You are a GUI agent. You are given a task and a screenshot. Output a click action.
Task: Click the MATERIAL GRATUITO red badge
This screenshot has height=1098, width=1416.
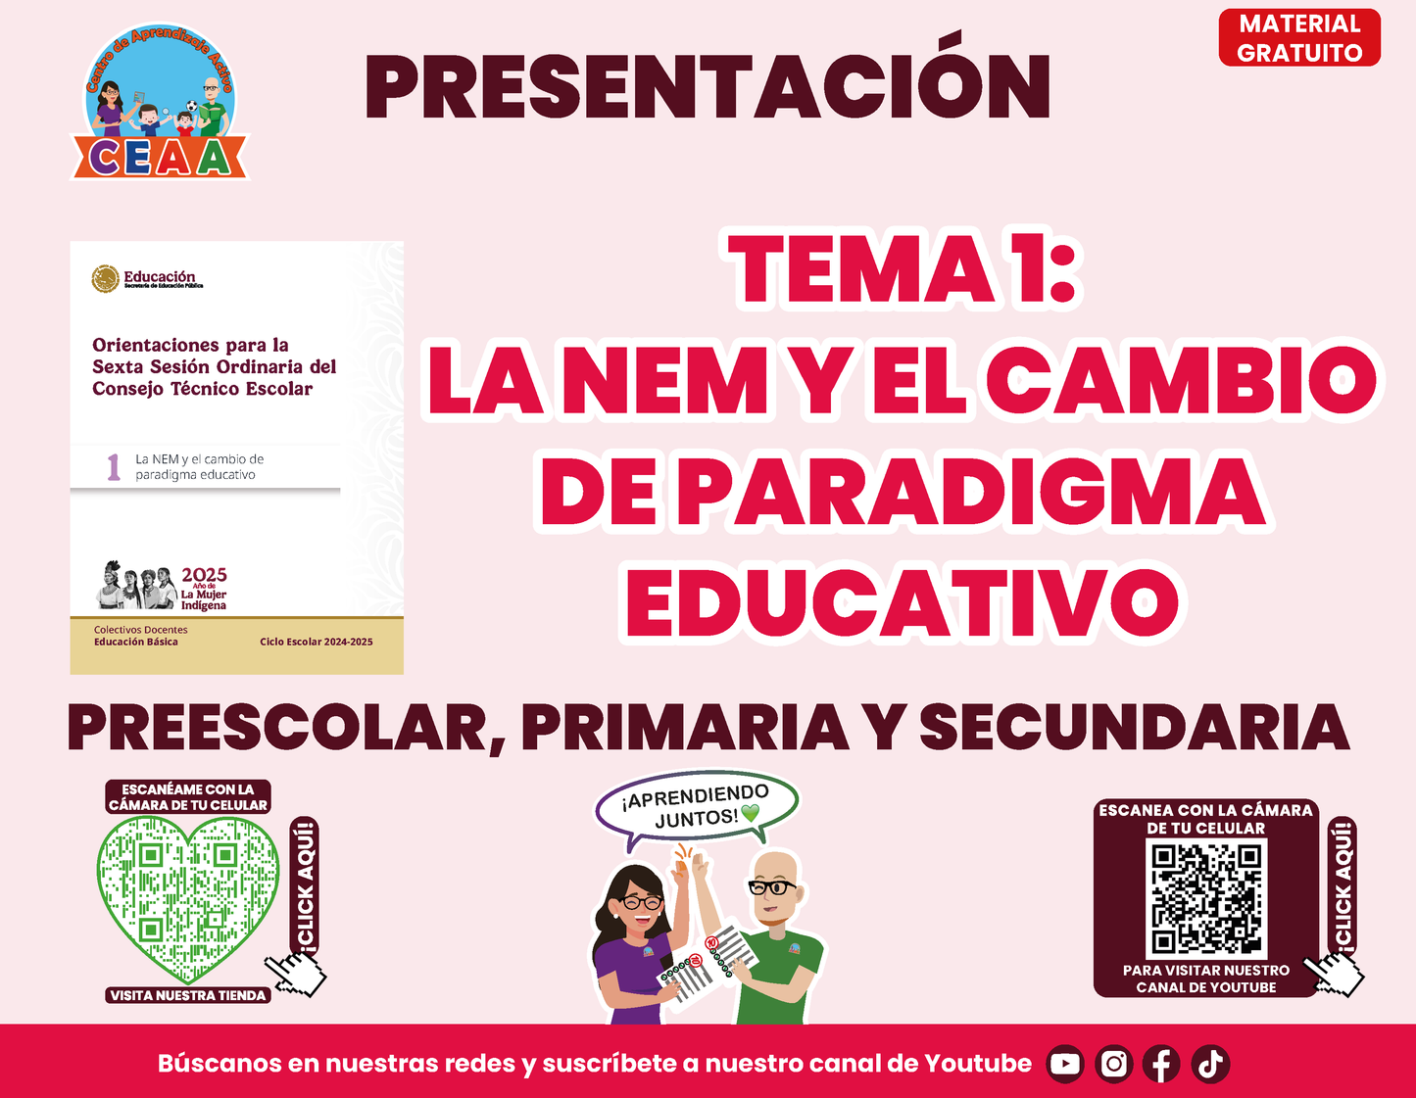tap(1299, 38)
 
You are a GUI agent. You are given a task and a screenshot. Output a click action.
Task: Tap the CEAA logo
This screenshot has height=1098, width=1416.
tap(160, 102)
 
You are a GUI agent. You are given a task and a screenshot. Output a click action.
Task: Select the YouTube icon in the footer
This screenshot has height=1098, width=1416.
tap(1064, 1064)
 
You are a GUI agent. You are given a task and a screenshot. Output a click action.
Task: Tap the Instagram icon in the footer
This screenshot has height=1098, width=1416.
tap(1113, 1064)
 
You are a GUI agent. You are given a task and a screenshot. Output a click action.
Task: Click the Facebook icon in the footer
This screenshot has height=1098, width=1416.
tap(1161, 1064)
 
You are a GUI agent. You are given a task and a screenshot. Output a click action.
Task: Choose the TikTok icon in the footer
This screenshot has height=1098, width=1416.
tap(1210, 1064)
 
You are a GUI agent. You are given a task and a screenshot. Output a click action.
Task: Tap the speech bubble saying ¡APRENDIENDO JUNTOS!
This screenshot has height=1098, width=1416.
tap(696, 806)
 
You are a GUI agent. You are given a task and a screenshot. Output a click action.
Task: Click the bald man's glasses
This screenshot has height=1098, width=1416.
tap(772, 887)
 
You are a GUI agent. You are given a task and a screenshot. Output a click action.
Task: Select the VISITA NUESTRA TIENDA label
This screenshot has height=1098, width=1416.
tap(188, 995)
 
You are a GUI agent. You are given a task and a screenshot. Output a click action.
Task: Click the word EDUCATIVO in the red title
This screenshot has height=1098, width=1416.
tap(903, 603)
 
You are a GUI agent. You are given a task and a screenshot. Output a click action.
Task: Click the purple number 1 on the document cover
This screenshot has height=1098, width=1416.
tap(114, 467)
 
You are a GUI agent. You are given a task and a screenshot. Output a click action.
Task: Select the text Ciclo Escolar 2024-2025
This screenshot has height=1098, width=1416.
tap(317, 642)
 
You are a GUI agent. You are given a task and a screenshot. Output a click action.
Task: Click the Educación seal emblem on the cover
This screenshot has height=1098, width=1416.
tap(105, 279)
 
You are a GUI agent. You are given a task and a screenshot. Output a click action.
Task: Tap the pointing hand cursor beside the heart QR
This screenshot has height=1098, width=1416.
tap(297, 974)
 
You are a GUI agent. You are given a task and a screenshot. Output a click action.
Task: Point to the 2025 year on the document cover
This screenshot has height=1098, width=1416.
tap(204, 574)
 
